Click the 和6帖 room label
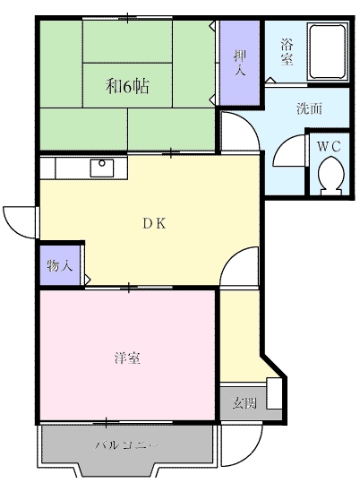pyautogui.click(x=127, y=87)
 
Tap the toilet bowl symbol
pyautogui.click(x=330, y=173)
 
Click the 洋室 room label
pyautogui.click(x=125, y=358)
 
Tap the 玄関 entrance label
pyautogui.click(x=244, y=403)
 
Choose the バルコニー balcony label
pyautogui.click(x=126, y=444)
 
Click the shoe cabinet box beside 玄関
pyautogui.click(x=273, y=394)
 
